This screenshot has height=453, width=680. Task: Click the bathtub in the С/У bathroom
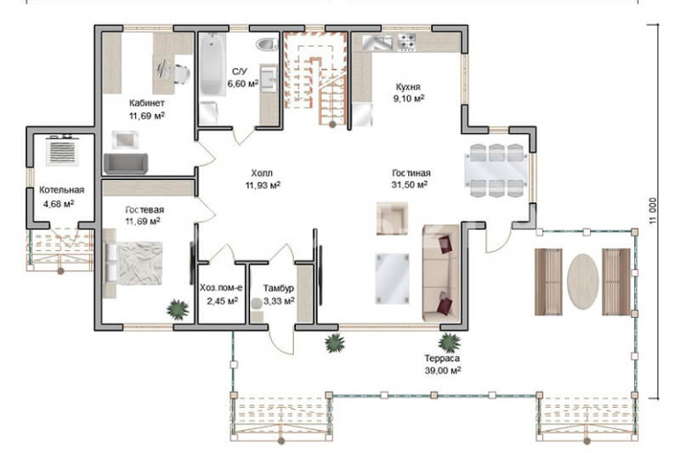tap(213, 64)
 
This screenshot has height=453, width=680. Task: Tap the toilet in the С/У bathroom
tap(267, 44)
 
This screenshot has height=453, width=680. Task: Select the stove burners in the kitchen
tap(407, 42)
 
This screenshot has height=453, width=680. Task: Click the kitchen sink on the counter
tap(377, 42)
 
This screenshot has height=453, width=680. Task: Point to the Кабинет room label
tap(147, 102)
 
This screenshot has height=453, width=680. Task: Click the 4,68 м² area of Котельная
tap(58, 203)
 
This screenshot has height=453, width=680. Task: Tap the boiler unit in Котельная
tap(63, 150)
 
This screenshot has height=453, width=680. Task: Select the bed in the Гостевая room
tap(134, 263)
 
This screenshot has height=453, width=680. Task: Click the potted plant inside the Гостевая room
tap(178, 310)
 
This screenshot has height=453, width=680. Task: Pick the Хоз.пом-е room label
tap(221, 288)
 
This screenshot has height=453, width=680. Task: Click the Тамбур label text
tap(278, 288)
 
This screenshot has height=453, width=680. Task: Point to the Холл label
tap(262, 173)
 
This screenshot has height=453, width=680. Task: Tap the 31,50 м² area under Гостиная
tap(410, 185)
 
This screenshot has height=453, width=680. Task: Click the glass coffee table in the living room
tap(392, 279)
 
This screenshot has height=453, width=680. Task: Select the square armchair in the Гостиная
tap(392, 218)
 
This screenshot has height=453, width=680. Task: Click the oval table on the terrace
tap(583, 282)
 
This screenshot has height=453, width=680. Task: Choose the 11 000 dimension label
tap(654, 211)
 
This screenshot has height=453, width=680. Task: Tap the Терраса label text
tap(442, 359)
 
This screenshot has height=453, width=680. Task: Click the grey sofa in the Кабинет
tap(125, 164)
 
